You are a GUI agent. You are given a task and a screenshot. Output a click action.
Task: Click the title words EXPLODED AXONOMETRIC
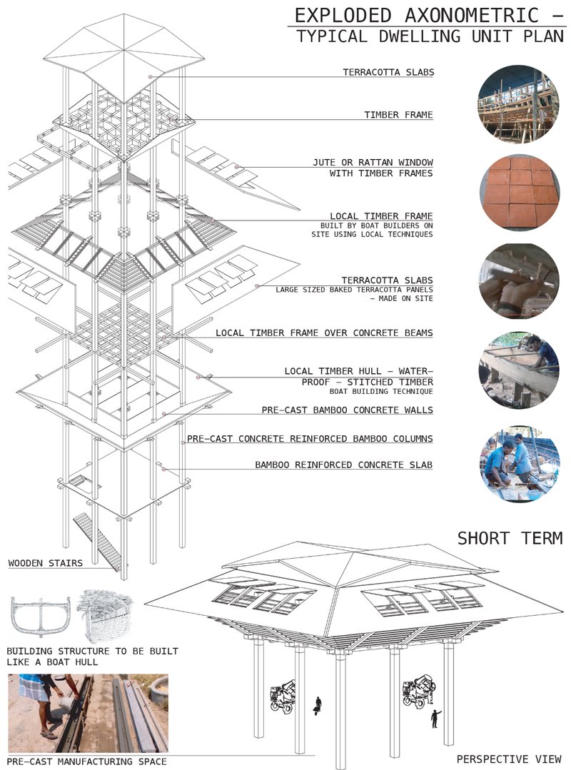[414, 15]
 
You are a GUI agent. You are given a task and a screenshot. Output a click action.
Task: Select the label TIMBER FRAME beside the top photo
[398, 115]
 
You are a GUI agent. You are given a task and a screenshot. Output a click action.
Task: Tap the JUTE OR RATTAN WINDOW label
[383, 162]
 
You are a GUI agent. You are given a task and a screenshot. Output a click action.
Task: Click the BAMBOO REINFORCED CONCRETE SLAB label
[344, 465]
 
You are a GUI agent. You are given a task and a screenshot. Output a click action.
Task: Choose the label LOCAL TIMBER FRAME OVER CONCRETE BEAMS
[324, 333]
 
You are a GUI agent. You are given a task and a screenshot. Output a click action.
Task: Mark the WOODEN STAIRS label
[45, 563]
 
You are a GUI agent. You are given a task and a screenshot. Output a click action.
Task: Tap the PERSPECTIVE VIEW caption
[508, 758]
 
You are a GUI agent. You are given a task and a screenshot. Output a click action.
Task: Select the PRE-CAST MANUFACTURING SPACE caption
[86, 761]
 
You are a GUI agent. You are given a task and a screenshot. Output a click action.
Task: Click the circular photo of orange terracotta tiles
[517, 192]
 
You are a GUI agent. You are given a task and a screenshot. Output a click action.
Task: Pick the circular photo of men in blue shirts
[517, 464]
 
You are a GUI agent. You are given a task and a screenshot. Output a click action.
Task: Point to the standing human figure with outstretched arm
[434, 717]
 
